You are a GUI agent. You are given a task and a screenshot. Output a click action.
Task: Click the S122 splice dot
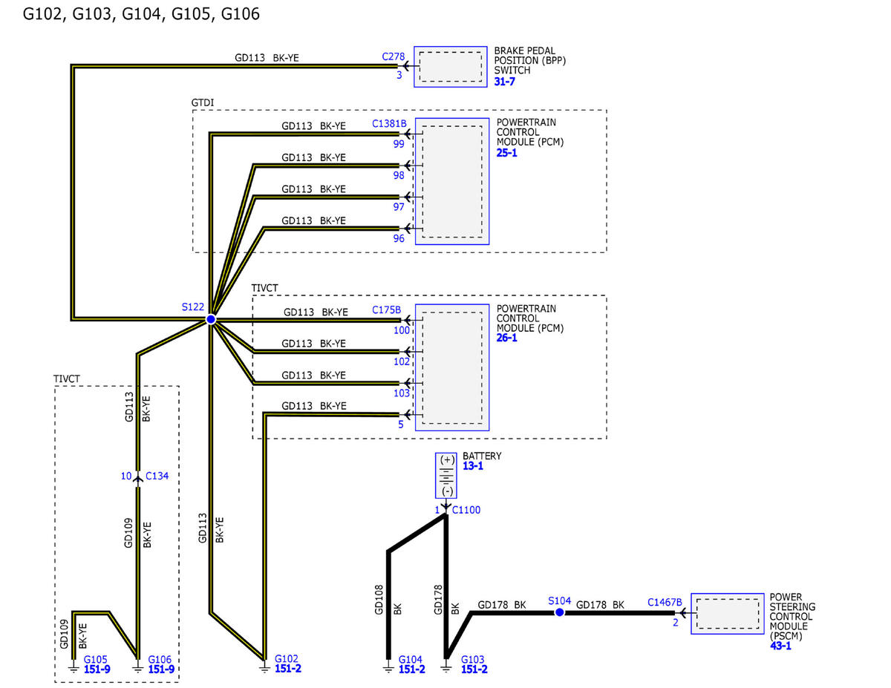pos(211,319)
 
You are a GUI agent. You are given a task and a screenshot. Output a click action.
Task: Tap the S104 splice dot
pos(559,612)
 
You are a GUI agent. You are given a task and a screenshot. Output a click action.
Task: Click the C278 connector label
pos(394,56)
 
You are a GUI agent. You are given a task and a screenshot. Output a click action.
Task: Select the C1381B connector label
pos(389,123)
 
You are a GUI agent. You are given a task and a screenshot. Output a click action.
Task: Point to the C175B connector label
pos(386,309)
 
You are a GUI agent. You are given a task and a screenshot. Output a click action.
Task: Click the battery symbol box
pos(446,475)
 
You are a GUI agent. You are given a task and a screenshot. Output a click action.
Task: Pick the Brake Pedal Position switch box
pos(451,67)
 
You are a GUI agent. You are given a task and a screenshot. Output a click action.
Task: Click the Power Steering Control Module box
pos(728,614)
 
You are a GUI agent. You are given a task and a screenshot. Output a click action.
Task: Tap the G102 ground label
pos(286,658)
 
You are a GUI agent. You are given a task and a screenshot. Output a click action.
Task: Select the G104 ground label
pos(410,659)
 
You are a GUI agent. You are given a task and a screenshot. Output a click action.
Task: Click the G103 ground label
pos(472,659)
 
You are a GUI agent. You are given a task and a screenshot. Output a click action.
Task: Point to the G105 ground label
pos(96,659)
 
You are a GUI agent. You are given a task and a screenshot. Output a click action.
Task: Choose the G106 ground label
pos(160,659)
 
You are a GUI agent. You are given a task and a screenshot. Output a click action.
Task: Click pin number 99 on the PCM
pos(399,144)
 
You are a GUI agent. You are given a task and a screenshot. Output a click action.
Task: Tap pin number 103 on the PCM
pos(402,393)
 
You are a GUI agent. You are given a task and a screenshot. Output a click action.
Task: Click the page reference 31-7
pos(504,82)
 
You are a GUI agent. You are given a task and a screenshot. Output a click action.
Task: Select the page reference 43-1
pos(780,646)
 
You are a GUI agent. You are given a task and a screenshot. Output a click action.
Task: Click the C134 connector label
pos(157,476)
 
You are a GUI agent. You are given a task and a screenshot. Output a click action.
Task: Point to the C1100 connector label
pos(466,510)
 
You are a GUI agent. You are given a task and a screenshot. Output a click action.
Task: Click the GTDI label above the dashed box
pos(203,102)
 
